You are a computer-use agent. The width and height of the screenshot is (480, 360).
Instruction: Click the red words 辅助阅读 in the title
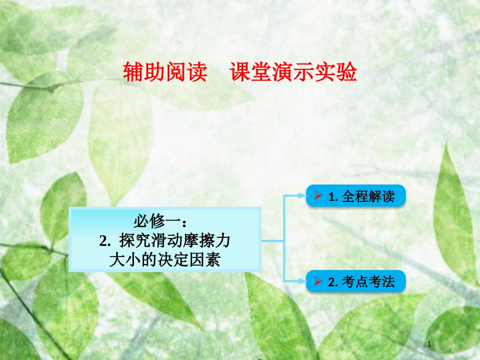click(166, 72)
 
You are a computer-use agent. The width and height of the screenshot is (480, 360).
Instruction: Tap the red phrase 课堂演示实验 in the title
click(294, 72)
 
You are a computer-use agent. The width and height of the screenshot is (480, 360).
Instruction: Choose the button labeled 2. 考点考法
click(356, 281)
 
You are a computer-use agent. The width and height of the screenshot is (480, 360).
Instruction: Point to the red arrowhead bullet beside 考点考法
click(318, 281)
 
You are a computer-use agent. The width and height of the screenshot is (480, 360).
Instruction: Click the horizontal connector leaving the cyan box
click(273, 241)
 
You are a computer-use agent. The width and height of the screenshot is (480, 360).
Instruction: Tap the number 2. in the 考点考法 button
click(332, 282)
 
